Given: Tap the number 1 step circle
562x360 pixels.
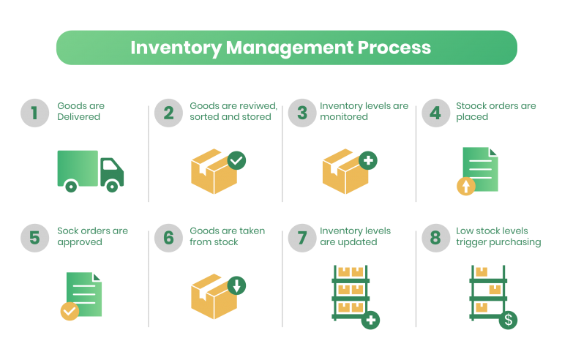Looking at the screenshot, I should [34, 113].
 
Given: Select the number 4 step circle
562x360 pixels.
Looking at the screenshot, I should [435, 113].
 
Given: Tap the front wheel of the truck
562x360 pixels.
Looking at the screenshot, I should [111, 187].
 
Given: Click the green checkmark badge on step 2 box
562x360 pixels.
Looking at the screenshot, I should [236, 160].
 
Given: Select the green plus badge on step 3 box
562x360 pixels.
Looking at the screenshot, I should [368, 160].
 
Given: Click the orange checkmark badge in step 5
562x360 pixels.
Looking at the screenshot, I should [70, 311].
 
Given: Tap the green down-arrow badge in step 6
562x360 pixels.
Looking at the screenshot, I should [236, 285].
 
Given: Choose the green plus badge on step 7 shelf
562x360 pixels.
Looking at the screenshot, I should [371, 320].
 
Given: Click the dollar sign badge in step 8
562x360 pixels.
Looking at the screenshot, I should [508, 320].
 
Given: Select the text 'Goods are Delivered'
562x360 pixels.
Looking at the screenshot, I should [81, 111].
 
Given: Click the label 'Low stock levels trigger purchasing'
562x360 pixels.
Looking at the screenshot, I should [498, 236].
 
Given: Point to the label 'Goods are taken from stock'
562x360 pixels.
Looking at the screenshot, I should [227, 236].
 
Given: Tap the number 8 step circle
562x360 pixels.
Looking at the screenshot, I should [435, 238].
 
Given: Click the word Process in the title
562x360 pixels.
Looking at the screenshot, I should [394, 48].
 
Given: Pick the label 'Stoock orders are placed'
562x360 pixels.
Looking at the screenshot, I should [495, 111].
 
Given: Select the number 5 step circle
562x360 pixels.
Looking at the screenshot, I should [34, 238].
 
